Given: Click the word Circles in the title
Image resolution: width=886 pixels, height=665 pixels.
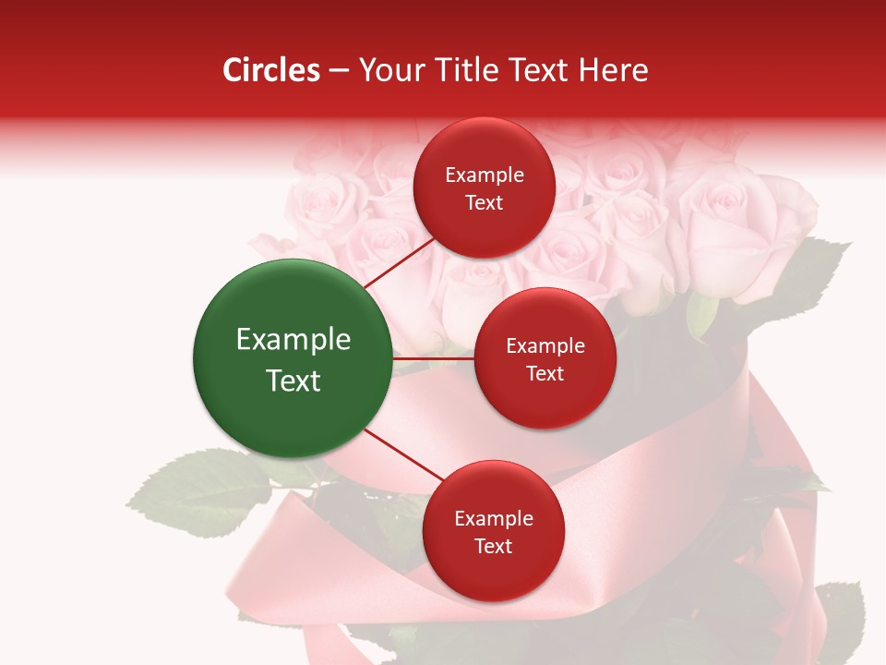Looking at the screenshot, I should coord(270,70).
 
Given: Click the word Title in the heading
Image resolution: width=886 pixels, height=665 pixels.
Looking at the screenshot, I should coord(469,70).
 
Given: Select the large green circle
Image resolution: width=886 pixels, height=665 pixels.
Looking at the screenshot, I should coord(293,358).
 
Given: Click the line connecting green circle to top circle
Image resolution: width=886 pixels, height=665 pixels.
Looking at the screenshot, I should coord(398,261).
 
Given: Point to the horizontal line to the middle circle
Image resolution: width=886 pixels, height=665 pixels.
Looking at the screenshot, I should coord(433,357).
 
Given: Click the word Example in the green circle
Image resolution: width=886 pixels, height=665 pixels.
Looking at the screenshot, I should coord(293,340).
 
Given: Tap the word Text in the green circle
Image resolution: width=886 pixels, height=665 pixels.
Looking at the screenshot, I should coord(293,381).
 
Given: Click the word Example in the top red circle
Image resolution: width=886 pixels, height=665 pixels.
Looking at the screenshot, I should coord(485,175).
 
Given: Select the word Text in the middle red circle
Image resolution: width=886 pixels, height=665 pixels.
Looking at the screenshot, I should coord(545,373).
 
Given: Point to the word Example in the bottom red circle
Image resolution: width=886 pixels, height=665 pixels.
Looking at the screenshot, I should coord(494,519).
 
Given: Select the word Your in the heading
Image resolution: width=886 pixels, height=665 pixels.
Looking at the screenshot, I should coord(390,70).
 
